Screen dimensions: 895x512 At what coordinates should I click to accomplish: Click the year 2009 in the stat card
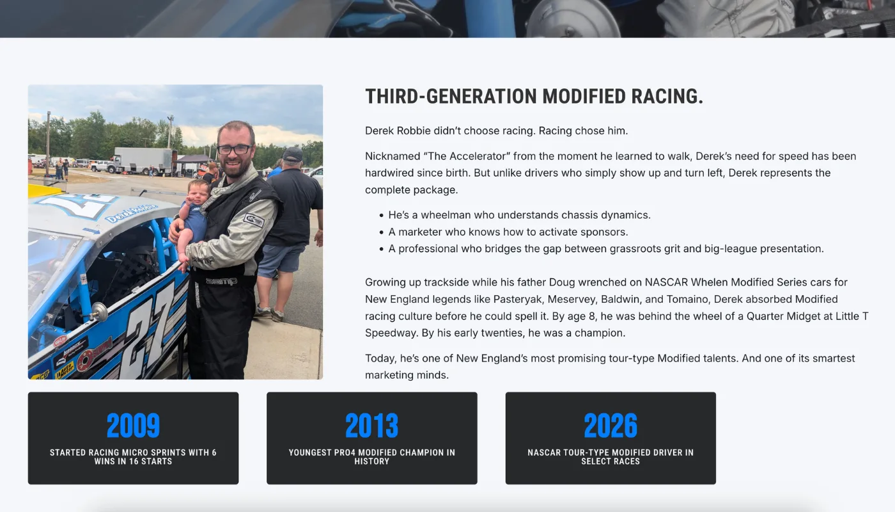(133, 426)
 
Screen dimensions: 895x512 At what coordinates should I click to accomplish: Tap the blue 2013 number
(371, 426)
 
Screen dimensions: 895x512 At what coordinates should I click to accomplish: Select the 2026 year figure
(611, 426)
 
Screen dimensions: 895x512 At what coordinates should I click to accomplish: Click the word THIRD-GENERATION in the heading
(451, 97)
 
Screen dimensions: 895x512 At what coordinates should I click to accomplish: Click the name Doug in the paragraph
(562, 282)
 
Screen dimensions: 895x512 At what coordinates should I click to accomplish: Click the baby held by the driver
(194, 218)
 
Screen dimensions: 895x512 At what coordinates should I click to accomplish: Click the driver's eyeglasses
(235, 150)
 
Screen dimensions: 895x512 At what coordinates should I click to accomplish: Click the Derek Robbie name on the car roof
(131, 212)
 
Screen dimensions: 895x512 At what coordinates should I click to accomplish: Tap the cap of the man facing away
(293, 154)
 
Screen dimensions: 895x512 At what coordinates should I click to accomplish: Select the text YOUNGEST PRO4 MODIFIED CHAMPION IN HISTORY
(371, 457)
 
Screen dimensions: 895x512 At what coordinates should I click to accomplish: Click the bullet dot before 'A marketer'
(381, 232)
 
